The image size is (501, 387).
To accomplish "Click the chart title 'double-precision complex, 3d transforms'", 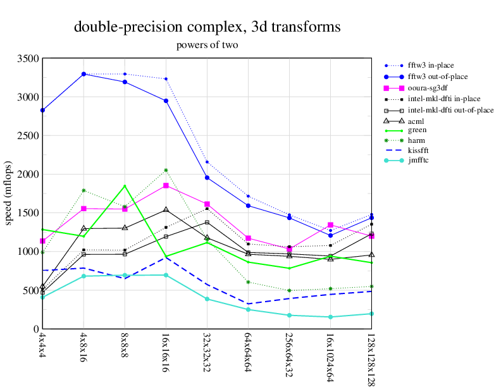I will point(207,27).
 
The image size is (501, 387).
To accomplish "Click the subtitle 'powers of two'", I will point(207,45).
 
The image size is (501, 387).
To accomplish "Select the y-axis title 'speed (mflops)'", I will point(9,193).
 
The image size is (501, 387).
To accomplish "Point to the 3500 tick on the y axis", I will point(28,59).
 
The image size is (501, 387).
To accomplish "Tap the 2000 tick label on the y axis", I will point(28,175).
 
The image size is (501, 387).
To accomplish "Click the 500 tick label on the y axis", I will point(30,290).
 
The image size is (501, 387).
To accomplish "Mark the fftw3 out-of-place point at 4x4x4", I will point(42,110).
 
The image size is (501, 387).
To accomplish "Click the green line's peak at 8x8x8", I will point(125,186).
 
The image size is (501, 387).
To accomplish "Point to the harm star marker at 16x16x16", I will point(166,170).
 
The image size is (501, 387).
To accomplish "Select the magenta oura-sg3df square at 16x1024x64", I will point(330,225).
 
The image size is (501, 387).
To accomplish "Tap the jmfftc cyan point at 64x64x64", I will point(248,309).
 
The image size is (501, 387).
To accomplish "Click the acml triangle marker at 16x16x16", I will point(166,209).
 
